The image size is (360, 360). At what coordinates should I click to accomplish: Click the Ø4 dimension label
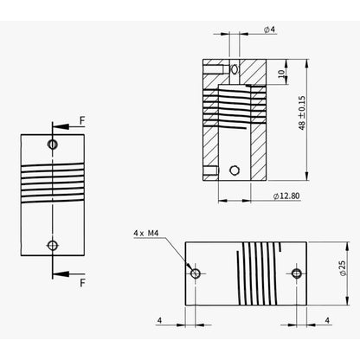(269, 29)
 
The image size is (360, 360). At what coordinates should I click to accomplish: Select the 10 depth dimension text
(281, 75)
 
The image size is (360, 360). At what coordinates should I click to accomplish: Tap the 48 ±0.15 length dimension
(302, 112)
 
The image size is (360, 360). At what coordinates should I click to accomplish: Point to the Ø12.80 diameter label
(286, 197)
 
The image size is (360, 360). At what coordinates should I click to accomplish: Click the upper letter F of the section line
(81, 122)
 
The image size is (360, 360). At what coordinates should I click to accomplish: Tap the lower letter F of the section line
(81, 282)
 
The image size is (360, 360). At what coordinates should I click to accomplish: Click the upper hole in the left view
(54, 144)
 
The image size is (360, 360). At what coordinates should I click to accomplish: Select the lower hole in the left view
(54, 246)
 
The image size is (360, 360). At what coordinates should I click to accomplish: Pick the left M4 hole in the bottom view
(196, 273)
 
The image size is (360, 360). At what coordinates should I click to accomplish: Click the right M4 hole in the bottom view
(297, 273)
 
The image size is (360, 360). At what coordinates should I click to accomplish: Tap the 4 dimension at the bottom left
(160, 319)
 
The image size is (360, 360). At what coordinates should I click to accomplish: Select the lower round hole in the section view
(235, 170)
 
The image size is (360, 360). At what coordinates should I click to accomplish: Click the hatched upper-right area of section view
(252, 73)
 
